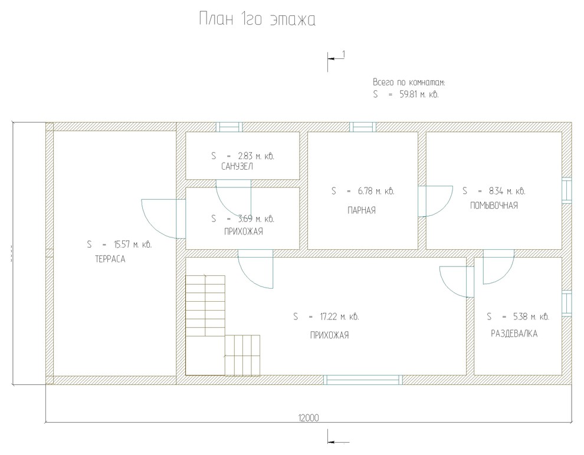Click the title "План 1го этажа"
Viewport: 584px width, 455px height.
[257, 19]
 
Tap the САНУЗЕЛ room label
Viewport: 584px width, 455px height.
[237, 166]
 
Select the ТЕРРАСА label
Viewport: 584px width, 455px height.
[110, 259]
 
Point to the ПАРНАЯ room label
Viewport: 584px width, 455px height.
[362, 210]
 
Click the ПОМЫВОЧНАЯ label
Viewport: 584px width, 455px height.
[494, 205]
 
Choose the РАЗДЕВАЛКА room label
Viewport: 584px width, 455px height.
[514, 334]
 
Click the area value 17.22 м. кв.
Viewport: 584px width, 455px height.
[339, 316]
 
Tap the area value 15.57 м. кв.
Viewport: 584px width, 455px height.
[132, 245]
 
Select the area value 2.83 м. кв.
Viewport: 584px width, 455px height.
[256, 156]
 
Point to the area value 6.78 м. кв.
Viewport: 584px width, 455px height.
[376, 191]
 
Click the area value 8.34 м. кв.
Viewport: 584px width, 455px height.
[507, 191]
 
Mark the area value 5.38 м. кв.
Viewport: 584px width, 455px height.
[531, 316]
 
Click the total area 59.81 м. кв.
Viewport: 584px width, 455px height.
[419, 94]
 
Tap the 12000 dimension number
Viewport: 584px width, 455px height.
[309, 418]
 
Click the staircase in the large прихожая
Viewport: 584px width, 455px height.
[223, 325]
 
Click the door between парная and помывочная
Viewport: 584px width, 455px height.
[435, 201]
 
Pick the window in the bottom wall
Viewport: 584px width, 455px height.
[363, 380]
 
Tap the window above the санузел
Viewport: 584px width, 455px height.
[229, 127]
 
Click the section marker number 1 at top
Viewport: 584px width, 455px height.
[343, 55]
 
